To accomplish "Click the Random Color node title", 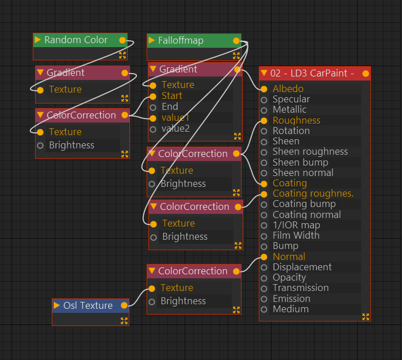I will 75,40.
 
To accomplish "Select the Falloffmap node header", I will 181,41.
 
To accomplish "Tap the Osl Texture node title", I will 87,305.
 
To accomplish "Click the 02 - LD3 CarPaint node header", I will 311,73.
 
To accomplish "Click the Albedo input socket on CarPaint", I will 264,89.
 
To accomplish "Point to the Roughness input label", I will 296,120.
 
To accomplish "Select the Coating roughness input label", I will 313,193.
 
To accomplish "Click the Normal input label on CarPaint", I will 289,256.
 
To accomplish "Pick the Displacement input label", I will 302,267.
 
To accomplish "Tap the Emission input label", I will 291,298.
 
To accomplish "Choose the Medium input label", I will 290,309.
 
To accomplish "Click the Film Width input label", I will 296,235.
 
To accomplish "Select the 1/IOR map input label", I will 296,225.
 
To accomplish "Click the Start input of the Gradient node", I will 153,96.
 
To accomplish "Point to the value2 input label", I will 175,128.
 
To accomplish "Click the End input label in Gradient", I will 170,106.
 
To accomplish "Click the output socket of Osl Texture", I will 124,305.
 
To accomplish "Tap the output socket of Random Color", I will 122,40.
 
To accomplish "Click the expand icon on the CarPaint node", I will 365,316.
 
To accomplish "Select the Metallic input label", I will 289,109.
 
